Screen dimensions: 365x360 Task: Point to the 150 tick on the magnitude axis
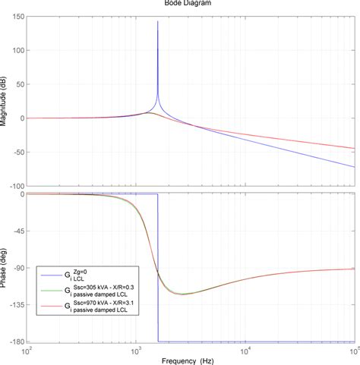tap(18, 17)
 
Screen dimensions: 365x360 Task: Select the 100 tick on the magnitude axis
tap(18, 51)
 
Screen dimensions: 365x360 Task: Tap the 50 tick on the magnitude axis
tap(20, 84)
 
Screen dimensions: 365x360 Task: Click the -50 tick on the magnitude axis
tap(18, 152)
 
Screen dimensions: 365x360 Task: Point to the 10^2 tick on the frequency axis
tap(29, 350)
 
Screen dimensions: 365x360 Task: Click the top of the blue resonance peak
tap(157, 22)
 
